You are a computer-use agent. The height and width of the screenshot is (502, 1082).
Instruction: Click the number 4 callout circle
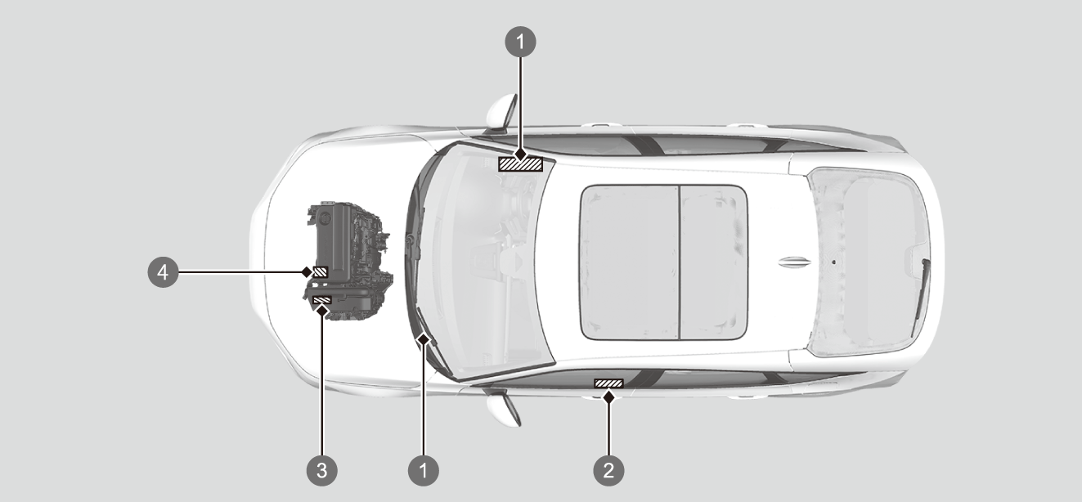click(x=164, y=272)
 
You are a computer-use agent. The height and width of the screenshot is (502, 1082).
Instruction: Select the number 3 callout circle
click(x=322, y=470)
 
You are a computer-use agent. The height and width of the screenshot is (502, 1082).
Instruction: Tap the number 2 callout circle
click(x=608, y=470)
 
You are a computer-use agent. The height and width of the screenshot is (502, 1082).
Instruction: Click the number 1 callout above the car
click(x=521, y=42)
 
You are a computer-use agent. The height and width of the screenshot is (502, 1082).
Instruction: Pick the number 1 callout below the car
click(x=424, y=470)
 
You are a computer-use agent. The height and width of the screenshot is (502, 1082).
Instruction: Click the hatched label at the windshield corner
click(x=521, y=164)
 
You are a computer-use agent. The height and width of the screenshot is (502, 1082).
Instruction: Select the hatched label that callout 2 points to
click(x=608, y=383)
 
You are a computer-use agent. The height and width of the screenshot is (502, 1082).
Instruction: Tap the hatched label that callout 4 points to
click(x=321, y=272)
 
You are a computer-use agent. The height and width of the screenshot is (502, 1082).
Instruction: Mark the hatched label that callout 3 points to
click(x=322, y=300)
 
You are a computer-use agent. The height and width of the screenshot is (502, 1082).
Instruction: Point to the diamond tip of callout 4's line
click(x=306, y=272)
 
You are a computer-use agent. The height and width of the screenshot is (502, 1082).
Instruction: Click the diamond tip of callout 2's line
click(x=608, y=397)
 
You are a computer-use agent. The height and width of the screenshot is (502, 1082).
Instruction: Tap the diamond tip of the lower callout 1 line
click(x=424, y=340)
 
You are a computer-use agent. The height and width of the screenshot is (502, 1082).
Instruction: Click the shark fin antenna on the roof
click(x=794, y=262)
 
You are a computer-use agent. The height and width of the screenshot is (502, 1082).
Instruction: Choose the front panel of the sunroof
click(x=630, y=262)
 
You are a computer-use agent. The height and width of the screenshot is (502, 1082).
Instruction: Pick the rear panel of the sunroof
click(x=714, y=262)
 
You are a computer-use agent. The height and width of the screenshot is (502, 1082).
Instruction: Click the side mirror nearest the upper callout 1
click(x=502, y=113)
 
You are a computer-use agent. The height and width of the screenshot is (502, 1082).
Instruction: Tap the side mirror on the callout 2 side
click(x=503, y=410)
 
